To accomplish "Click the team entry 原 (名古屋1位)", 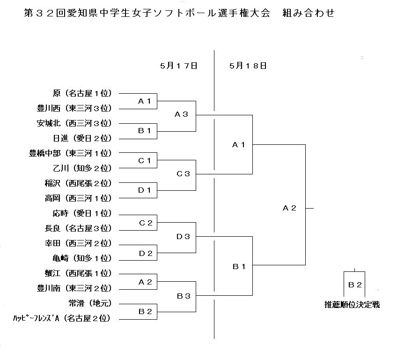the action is (82, 93).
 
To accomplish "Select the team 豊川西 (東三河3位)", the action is (74, 108).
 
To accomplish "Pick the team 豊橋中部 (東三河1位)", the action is (70, 153).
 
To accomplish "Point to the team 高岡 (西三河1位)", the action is (78, 198).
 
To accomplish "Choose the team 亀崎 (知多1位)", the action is (82, 258).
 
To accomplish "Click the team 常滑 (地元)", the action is (90, 303).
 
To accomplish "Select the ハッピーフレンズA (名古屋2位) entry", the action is (62, 318).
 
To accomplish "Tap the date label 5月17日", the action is (179, 66).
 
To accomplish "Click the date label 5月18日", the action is (248, 66).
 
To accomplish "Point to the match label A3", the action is (181, 114).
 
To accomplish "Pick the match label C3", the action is (183, 174).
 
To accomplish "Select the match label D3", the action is (183, 237).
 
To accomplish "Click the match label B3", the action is (184, 296).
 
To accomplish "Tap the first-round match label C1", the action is (145, 160).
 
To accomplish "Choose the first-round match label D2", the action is (146, 254).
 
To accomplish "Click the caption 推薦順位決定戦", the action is (352, 305).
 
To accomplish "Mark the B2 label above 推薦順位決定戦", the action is (355, 285).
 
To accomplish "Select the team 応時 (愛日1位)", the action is (82, 213).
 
